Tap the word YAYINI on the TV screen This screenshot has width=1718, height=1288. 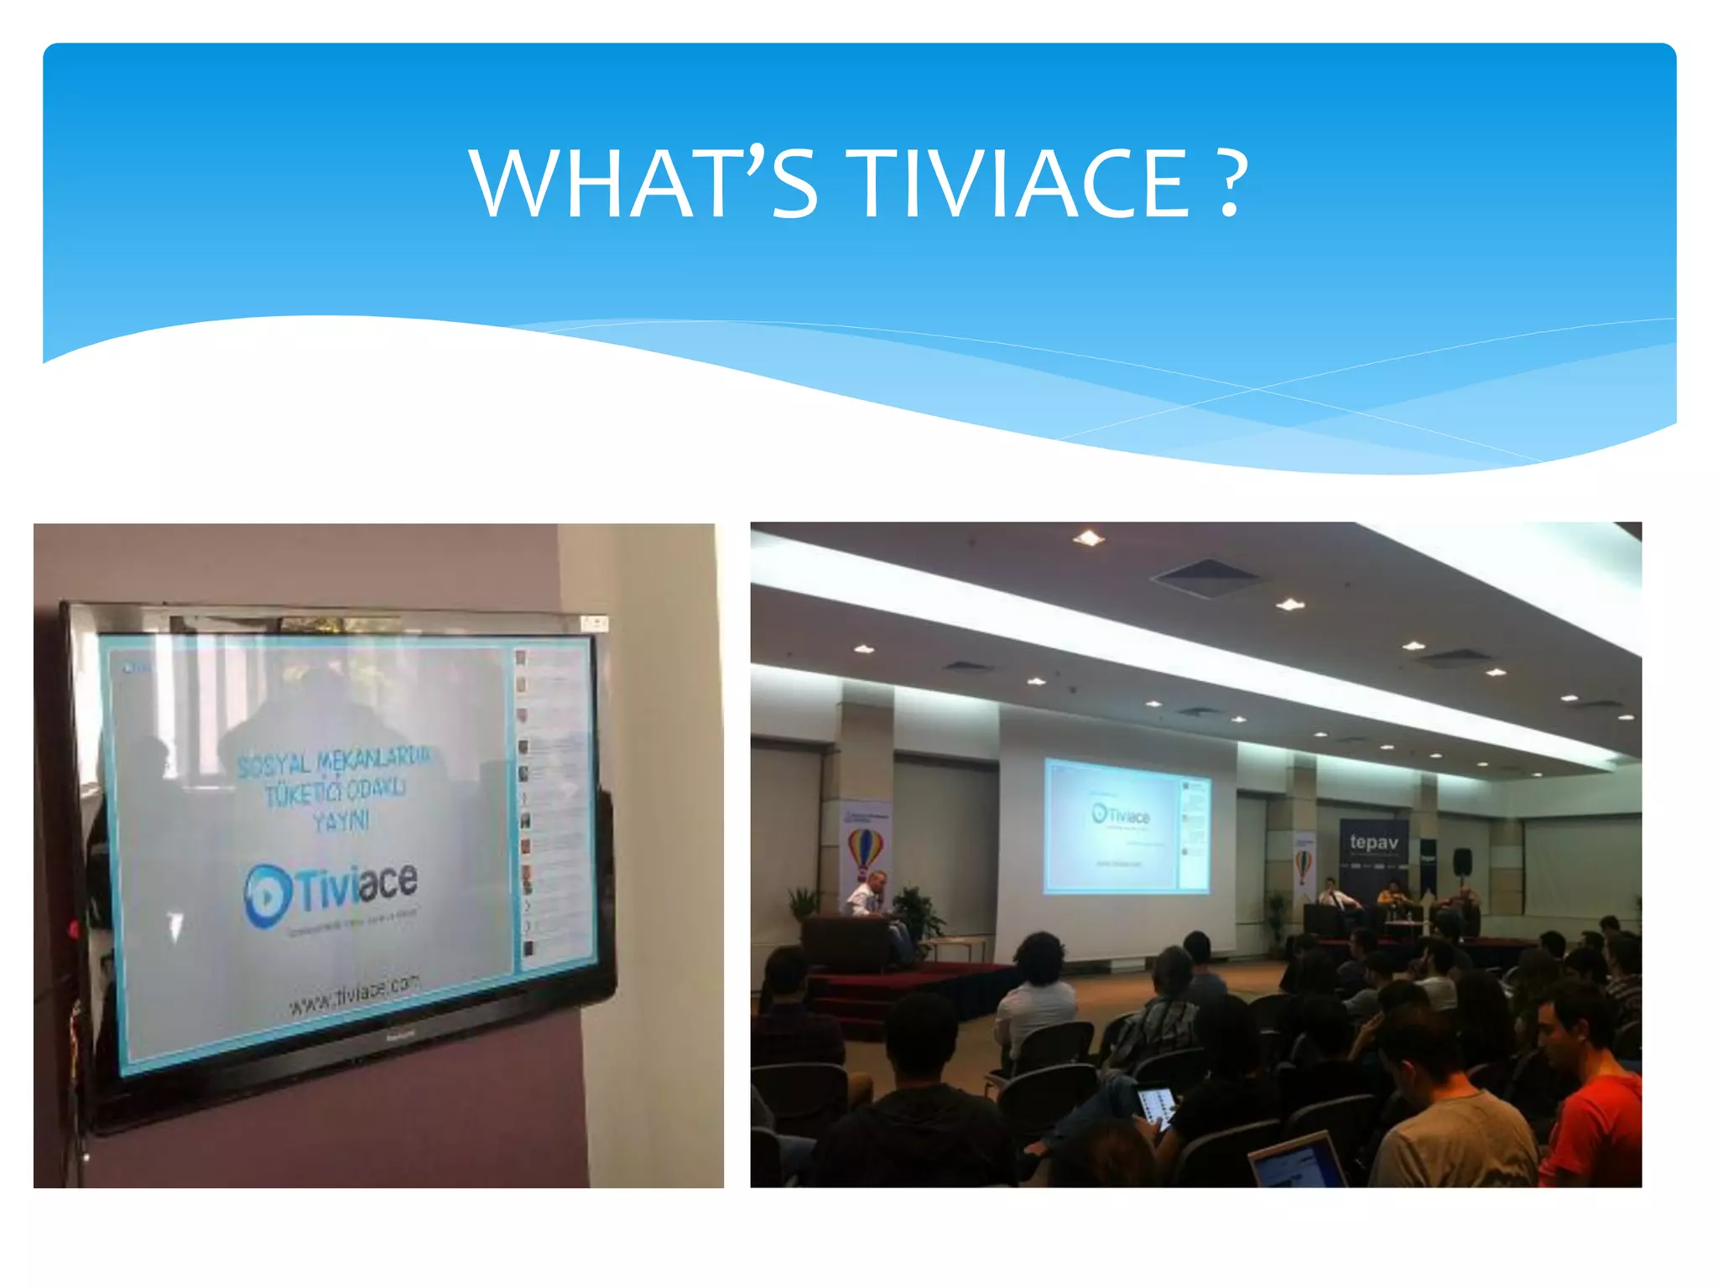pyautogui.click(x=341, y=821)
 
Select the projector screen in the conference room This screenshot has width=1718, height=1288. pyautogui.click(x=1127, y=827)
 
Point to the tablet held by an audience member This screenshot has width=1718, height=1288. pyautogui.click(x=1155, y=1108)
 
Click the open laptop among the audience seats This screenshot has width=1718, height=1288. pyautogui.click(x=1296, y=1161)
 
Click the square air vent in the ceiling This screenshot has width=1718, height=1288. pyautogui.click(x=1206, y=577)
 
